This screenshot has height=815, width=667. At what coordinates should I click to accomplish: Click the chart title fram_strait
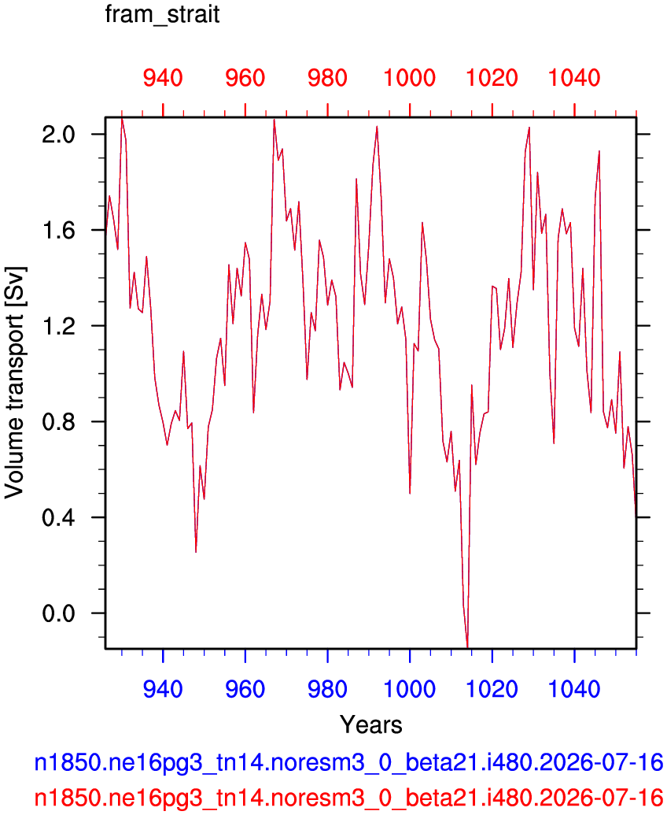point(163,14)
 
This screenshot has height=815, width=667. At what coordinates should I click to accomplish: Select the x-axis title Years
point(370,724)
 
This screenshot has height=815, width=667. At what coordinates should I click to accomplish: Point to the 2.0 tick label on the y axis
point(59,135)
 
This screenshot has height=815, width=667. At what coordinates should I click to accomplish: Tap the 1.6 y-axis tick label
point(59,230)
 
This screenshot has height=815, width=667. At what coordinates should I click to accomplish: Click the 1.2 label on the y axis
point(59,326)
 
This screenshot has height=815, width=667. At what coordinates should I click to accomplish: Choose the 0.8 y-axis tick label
point(59,421)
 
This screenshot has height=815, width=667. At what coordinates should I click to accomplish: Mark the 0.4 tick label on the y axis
point(59,517)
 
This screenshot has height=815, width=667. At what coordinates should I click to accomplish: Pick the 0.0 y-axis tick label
point(59,613)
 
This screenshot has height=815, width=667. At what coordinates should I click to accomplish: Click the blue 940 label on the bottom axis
point(163,690)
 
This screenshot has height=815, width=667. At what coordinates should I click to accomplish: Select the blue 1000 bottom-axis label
point(410,690)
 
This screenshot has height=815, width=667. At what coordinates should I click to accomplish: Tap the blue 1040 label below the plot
point(575,690)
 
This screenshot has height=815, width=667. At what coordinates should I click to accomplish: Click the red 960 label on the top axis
point(245,78)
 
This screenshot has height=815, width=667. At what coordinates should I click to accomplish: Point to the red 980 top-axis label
point(327,78)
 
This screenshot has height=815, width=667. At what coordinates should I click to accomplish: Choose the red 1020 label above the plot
point(492,78)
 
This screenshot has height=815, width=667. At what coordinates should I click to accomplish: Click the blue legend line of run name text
point(348,763)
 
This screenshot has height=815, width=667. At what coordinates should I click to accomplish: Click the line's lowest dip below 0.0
point(468,646)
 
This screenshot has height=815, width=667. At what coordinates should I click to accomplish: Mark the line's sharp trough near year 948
point(196,552)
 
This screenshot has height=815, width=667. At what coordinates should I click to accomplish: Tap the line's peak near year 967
point(274,120)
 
